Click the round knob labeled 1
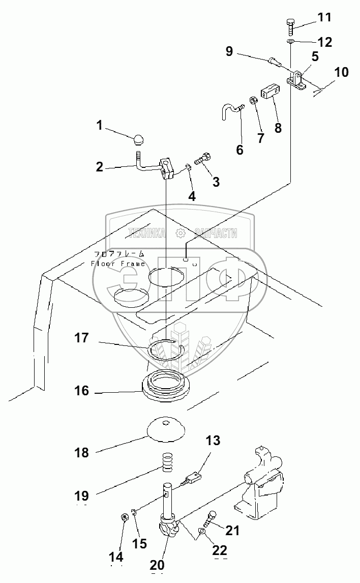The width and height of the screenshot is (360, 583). click(139, 138)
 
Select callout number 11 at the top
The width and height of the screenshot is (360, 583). click(324, 18)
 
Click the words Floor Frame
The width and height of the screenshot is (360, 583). click(118, 264)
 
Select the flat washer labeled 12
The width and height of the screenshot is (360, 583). click(290, 42)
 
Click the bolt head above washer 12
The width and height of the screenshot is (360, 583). click(290, 24)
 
